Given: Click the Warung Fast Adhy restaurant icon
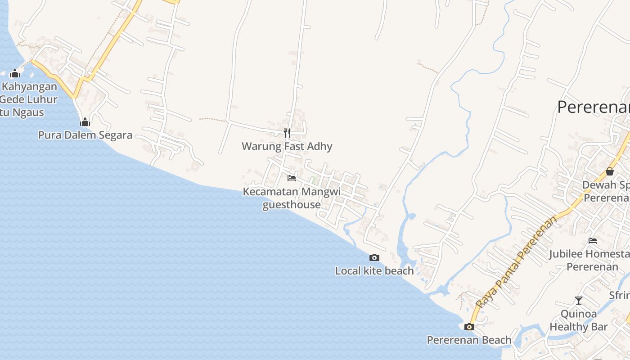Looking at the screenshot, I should pos(287,133).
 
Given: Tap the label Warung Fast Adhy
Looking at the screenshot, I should pos(287,146).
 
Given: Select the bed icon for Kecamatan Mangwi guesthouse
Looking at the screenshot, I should pos(292,178).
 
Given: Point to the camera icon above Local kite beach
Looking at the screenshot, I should pos(374,258).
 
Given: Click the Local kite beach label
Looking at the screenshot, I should pos(374,271).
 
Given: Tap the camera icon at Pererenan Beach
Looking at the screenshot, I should pos(469,327).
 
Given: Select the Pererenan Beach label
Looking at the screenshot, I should pos(469,340).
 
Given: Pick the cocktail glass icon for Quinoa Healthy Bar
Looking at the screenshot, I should pos(579,301).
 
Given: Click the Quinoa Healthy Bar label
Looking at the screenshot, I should pos(579,320).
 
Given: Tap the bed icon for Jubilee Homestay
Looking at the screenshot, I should pos(593,241).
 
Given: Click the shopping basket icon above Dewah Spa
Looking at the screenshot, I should pos(610,171).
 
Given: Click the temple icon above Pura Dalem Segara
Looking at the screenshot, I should pos(85,122).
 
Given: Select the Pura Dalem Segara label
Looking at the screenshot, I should pos(85,135).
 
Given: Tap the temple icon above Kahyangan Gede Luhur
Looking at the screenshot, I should pos(15,73).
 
